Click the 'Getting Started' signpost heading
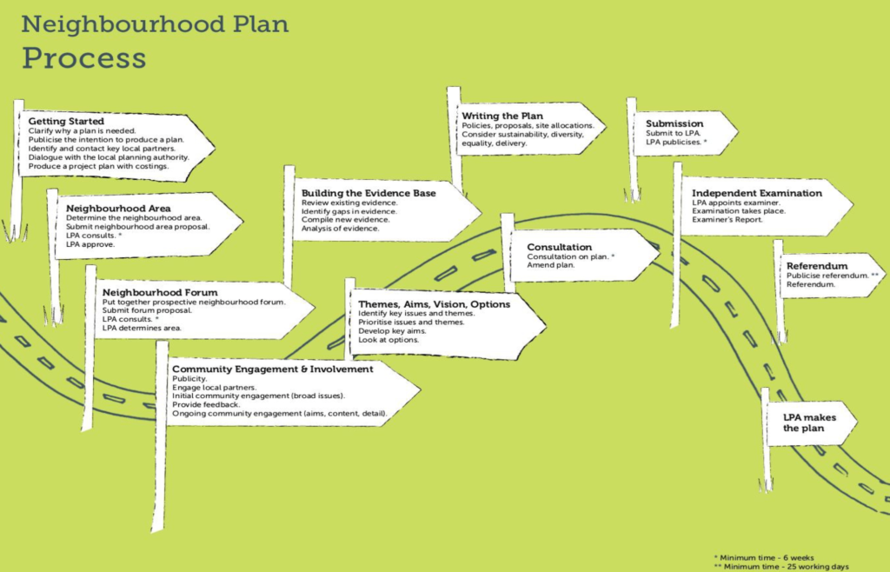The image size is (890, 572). [66, 121]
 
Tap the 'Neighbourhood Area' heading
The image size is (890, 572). [118, 209]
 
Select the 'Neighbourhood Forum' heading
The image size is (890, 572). [159, 292]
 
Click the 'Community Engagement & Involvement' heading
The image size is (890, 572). [272, 369]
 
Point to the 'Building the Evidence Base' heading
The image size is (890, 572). [369, 192]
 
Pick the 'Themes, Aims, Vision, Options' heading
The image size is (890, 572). [434, 303]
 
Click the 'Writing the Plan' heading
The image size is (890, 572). [502, 116]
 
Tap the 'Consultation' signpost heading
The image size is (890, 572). [559, 247]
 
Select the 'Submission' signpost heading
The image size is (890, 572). [674, 123]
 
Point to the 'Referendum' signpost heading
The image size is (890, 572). [817, 266]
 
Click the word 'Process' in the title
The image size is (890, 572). [83, 57]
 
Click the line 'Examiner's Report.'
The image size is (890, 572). [727, 220]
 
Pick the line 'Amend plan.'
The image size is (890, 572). [550, 265]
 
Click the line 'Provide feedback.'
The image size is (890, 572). [206, 405]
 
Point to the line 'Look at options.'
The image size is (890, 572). [388, 340]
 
